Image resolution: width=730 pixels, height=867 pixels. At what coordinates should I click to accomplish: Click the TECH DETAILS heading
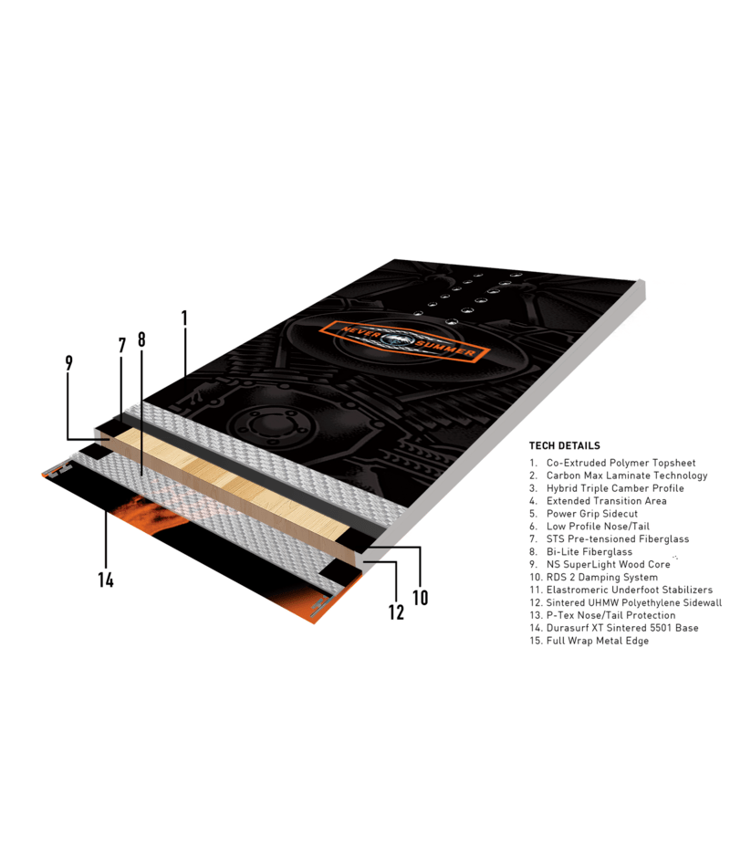pyautogui.click(x=564, y=445)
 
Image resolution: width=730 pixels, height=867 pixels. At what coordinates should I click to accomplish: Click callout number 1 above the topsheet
pyautogui.click(x=184, y=319)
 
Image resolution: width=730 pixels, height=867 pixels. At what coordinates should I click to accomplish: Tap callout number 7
pyautogui.click(x=121, y=346)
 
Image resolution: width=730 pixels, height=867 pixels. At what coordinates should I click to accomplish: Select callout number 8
pyautogui.click(x=141, y=339)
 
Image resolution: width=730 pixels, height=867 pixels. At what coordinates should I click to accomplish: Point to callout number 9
pyautogui.click(x=69, y=362)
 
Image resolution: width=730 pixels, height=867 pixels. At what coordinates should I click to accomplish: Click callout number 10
pyautogui.click(x=420, y=597)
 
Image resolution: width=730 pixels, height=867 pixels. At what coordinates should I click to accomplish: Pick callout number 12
pyautogui.click(x=396, y=612)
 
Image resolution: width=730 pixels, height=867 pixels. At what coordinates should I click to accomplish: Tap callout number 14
pyautogui.click(x=106, y=579)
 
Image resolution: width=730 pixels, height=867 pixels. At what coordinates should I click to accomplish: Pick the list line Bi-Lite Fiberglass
pyautogui.click(x=589, y=552)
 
